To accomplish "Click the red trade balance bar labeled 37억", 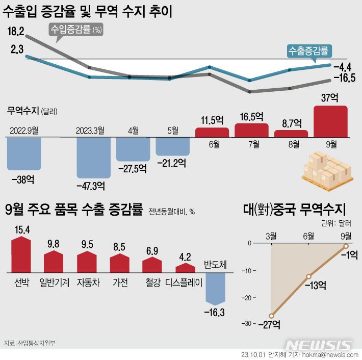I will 331,121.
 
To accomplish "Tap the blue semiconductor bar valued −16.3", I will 215,288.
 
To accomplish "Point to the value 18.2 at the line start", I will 16,32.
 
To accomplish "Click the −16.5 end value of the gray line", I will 344,78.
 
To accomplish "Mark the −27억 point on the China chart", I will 272,316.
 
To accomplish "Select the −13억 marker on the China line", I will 308,276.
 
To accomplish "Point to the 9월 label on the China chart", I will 346,235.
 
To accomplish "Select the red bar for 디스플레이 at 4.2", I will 186,268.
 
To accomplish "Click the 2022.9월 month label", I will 24,131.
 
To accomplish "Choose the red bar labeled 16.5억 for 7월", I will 251,131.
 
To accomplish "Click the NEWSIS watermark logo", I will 318,345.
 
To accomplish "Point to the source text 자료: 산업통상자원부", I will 29,343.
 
